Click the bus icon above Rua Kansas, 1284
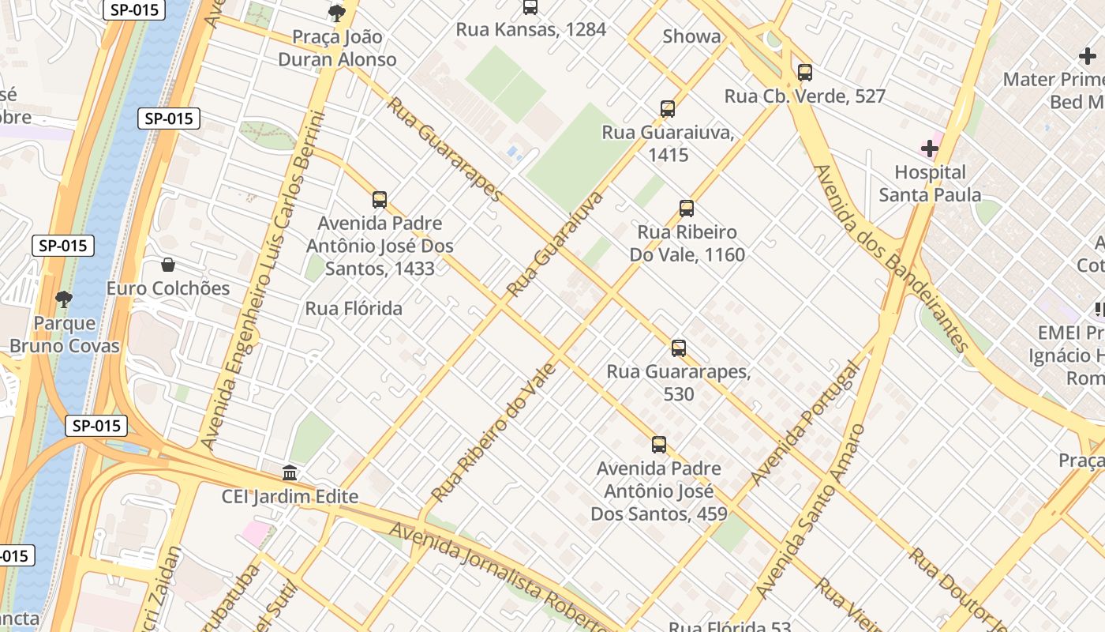(x=530, y=7)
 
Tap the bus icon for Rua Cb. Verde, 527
(x=804, y=73)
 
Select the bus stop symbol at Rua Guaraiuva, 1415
(x=668, y=109)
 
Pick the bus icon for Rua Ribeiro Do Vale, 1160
(x=687, y=209)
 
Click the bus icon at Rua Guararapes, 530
(x=678, y=348)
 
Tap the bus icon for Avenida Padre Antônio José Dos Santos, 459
(x=659, y=445)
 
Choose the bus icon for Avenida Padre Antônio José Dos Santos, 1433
(x=380, y=200)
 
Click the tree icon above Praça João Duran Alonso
(x=337, y=13)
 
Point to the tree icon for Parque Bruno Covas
(x=64, y=299)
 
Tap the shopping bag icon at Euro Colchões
(x=167, y=265)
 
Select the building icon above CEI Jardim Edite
(x=290, y=473)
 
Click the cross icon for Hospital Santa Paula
(x=930, y=149)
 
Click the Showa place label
(x=691, y=36)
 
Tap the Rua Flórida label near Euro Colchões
(x=354, y=309)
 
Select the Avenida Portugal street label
(x=804, y=424)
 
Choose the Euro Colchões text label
(x=168, y=288)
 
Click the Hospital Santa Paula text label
(x=930, y=183)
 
